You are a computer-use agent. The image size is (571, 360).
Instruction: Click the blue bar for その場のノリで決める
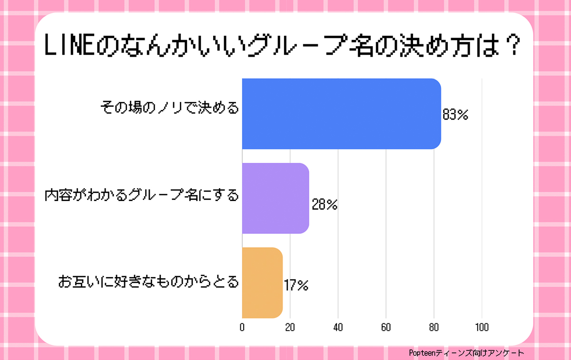click(341, 114)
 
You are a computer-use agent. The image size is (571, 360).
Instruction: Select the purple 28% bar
click(276, 198)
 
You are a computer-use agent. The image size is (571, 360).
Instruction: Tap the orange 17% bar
click(262, 283)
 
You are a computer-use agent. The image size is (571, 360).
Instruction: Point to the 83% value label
click(455, 115)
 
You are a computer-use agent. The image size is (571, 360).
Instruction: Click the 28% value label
click(325, 205)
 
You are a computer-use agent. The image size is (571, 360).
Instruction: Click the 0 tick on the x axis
click(242, 328)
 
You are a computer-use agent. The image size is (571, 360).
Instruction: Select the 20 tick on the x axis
click(290, 328)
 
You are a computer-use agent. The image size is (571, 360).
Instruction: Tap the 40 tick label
click(338, 328)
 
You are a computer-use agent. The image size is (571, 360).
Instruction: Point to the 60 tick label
click(386, 328)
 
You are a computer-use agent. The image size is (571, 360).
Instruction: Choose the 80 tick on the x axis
click(434, 328)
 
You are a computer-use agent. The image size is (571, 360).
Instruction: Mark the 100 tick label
click(482, 328)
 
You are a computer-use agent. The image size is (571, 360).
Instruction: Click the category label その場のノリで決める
click(169, 108)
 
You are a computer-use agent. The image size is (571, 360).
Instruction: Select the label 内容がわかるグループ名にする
click(141, 195)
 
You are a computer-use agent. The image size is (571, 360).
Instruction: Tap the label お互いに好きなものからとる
click(148, 282)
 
